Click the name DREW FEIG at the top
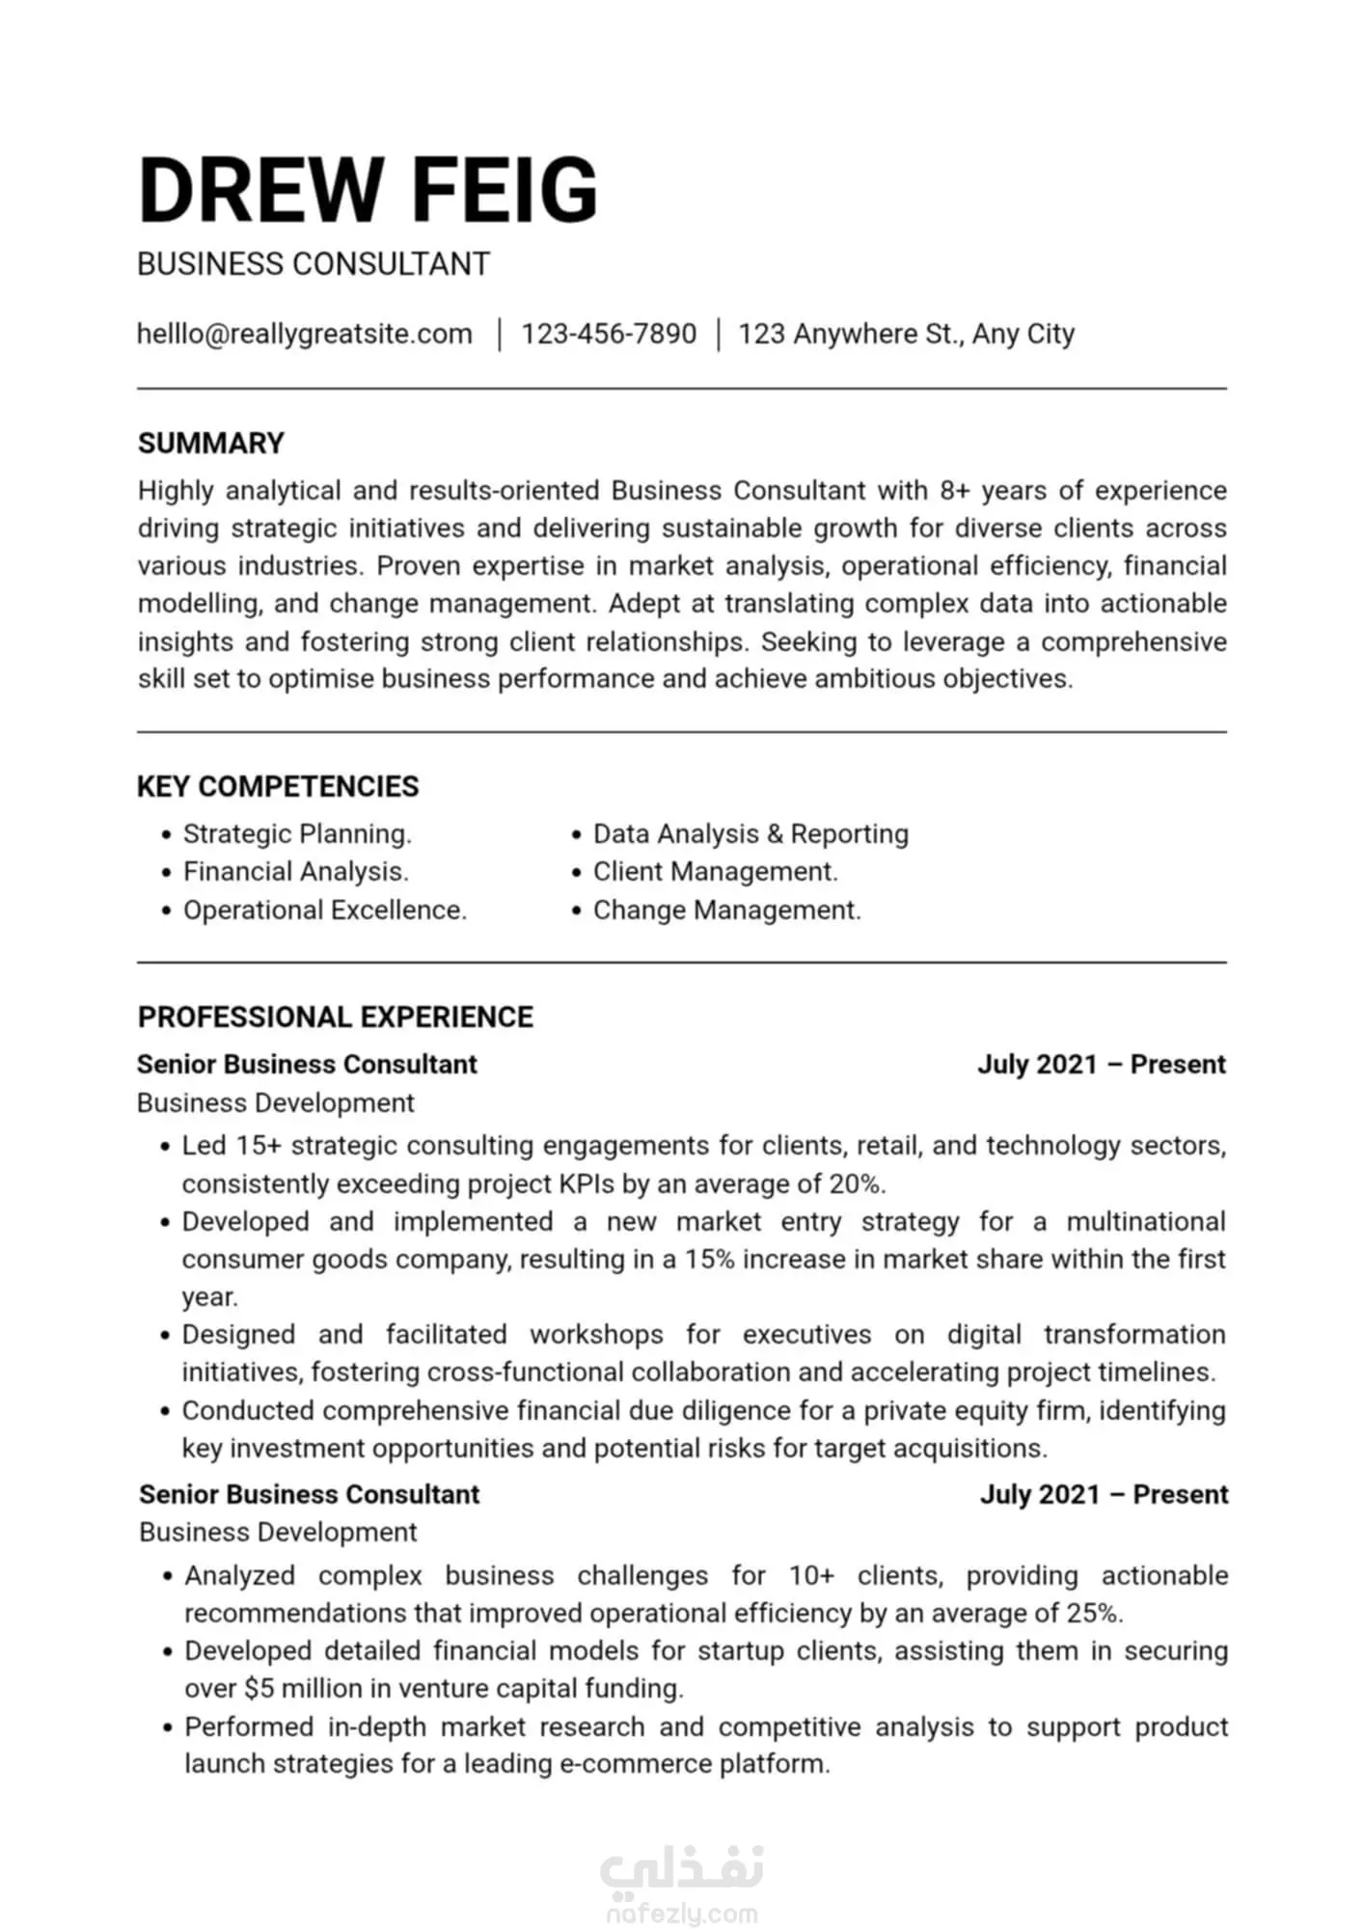pyautogui.click(x=368, y=190)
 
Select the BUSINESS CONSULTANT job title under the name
pyautogui.click(x=314, y=264)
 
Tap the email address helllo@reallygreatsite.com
pyautogui.click(x=305, y=334)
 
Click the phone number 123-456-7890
pyautogui.click(x=609, y=334)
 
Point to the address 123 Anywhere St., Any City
pyautogui.click(x=906, y=334)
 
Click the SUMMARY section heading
pyautogui.click(x=211, y=443)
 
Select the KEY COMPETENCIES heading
pyautogui.click(x=278, y=786)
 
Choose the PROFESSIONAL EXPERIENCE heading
pyautogui.click(x=335, y=1017)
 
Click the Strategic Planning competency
pyautogui.click(x=297, y=833)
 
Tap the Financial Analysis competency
pyautogui.click(x=295, y=872)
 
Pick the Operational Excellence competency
pyautogui.click(x=324, y=910)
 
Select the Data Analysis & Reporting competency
pyautogui.click(x=750, y=833)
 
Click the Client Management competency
pyautogui.click(x=715, y=872)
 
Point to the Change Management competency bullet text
pyautogui.click(x=726, y=910)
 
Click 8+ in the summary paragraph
pyautogui.click(x=954, y=491)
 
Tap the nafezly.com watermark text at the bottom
pyautogui.click(x=682, y=1914)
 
